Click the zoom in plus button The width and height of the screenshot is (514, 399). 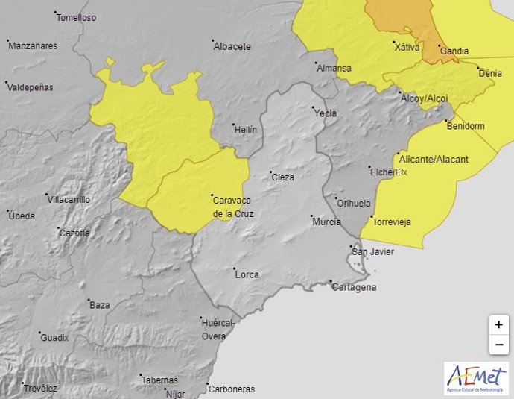click(x=498, y=325)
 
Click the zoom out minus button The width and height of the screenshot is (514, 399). click(x=498, y=345)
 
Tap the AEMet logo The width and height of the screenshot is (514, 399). click(x=475, y=378)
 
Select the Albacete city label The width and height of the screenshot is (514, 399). click(x=232, y=46)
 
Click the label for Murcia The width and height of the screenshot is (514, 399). click(x=326, y=222)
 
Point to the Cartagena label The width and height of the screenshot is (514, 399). click(x=354, y=287)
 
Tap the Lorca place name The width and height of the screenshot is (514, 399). click(x=247, y=274)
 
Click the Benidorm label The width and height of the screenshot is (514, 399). click(x=465, y=126)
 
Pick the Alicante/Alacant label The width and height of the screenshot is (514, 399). click(x=434, y=159)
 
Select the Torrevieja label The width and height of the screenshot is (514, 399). click(x=391, y=222)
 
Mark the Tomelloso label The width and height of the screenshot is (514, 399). click(x=77, y=17)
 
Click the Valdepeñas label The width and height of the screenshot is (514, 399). click(x=30, y=87)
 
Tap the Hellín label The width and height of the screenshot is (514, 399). click(x=245, y=130)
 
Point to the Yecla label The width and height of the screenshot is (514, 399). click(x=326, y=113)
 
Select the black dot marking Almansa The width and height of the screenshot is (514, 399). click(x=316, y=63)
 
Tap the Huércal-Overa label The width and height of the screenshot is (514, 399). click(x=218, y=329)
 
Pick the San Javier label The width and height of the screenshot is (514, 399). click(x=372, y=252)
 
